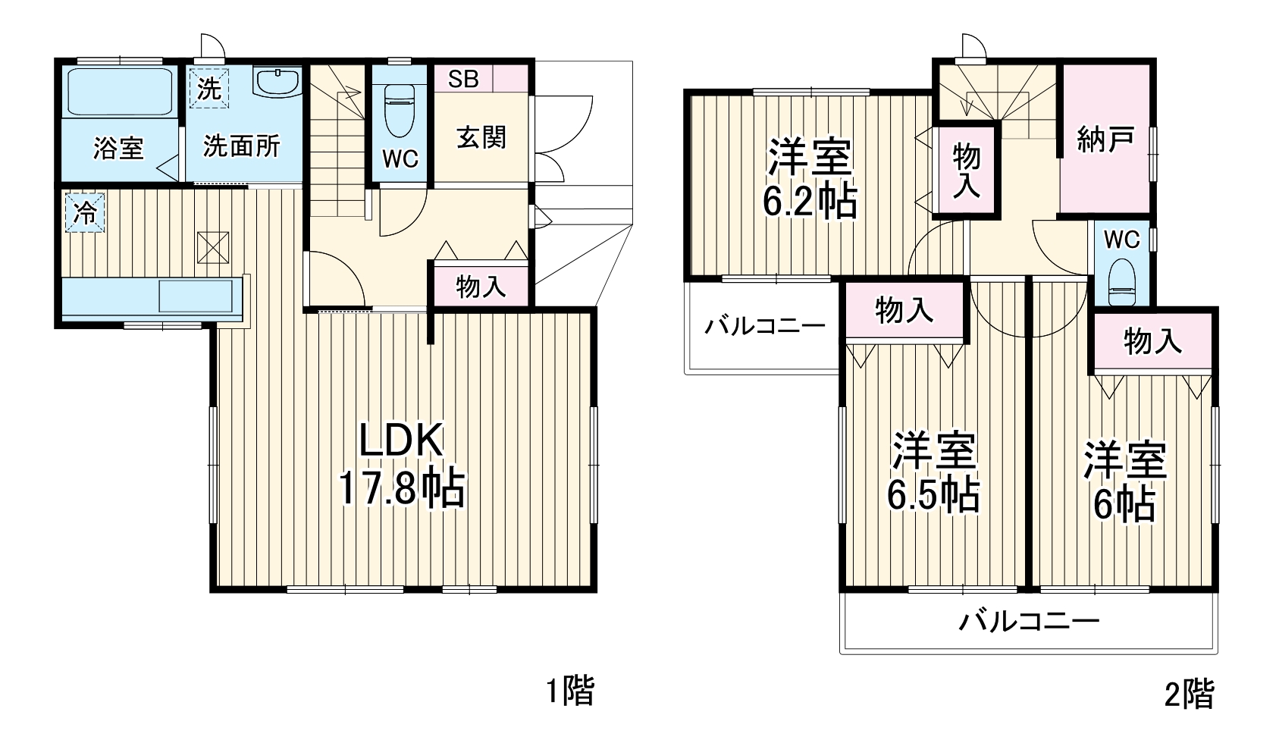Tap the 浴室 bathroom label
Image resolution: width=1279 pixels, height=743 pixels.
point(118,147)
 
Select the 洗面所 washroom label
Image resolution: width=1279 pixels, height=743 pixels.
point(242,146)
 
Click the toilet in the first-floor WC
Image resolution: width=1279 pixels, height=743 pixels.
point(400,110)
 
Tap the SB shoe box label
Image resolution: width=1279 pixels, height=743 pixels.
point(463,79)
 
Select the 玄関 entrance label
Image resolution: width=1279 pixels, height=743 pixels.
point(481,137)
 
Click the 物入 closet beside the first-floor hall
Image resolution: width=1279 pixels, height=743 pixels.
point(480,287)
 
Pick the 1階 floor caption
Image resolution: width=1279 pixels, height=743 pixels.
point(570,691)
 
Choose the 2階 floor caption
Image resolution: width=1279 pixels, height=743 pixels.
point(1189,693)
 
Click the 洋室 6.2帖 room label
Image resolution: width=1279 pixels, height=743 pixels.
point(810,179)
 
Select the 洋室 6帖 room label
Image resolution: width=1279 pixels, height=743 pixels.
point(1124,481)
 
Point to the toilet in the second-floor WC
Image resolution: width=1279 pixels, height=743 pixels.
point(1121,282)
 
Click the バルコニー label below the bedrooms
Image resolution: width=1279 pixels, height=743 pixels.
point(1029,622)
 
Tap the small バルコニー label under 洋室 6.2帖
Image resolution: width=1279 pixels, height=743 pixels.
point(764,327)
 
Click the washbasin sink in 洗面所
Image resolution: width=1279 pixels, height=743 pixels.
point(278,81)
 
